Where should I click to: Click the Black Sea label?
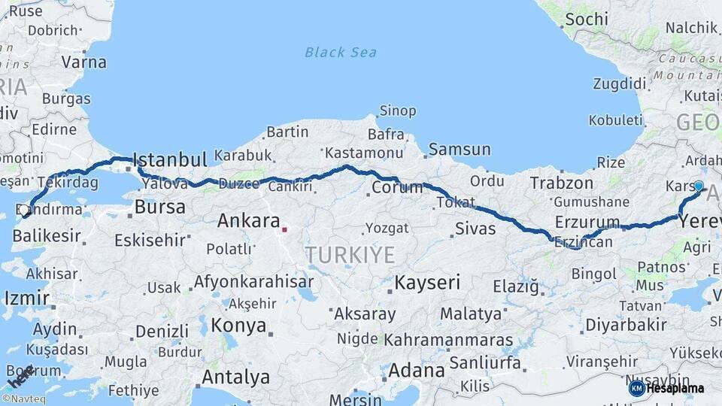[x=341, y=52]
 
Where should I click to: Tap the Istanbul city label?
[x=169, y=159]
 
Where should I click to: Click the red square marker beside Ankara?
[x=284, y=229]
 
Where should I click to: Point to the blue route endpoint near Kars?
[x=699, y=185]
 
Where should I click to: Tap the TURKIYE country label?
[x=350, y=255]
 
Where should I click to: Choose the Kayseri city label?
[x=427, y=283]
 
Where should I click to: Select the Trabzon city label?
[x=563, y=183]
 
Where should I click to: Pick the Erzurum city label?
[x=587, y=222]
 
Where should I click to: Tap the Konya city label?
[x=238, y=326]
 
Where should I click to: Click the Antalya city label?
[x=236, y=376]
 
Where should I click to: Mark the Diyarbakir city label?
[x=626, y=325]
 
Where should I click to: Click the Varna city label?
[x=83, y=62]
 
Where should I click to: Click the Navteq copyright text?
[x=24, y=399]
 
